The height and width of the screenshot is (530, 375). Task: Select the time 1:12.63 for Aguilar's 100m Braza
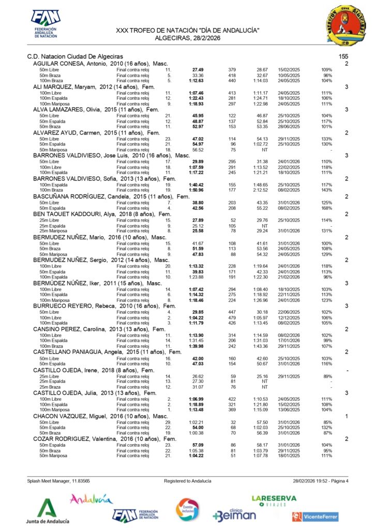point(196,81)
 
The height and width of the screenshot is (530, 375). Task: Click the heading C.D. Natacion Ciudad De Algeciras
point(75,56)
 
